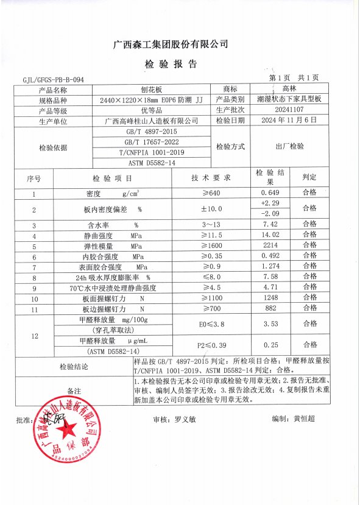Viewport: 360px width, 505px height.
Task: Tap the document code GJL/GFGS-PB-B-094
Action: (x=53, y=80)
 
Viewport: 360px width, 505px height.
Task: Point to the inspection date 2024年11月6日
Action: (x=283, y=121)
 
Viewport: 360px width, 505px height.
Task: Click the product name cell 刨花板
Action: (x=152, y=89)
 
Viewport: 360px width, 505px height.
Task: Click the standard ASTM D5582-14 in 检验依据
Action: (x=152, y=163)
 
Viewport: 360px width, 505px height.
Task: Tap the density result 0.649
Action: (x=269, y=194)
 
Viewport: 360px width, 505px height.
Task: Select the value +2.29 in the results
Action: (x=269, y=203)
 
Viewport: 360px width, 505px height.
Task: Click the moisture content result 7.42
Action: (x=269, y=225)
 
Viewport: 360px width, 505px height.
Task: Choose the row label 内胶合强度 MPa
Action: (x=110, y=257)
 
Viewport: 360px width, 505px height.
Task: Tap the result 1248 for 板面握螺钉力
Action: (x=269, y=299)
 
